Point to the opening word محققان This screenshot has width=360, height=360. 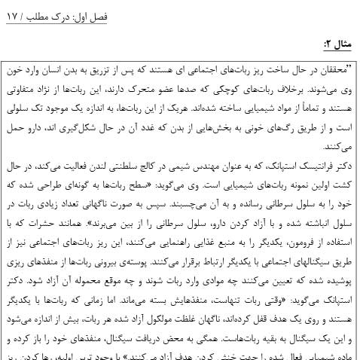click(334, 67)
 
